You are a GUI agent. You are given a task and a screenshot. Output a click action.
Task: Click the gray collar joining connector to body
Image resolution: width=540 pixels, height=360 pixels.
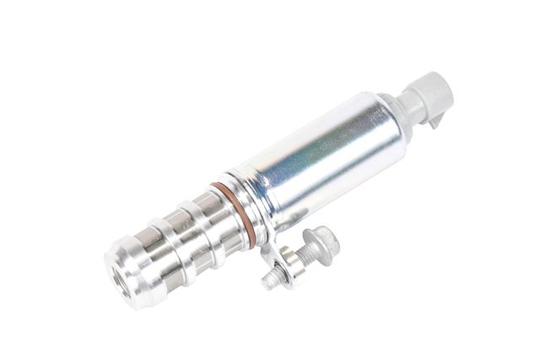pyautogui.click(x=384, y=110)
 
